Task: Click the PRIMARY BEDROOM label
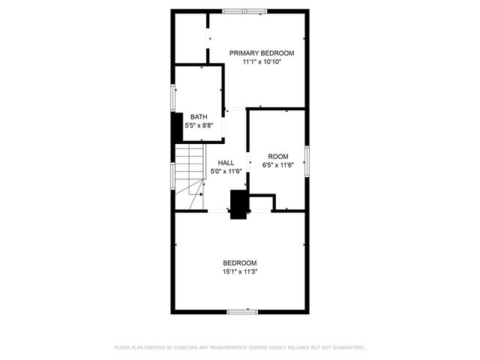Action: coord(262,53)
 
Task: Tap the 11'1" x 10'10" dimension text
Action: coord(262,62)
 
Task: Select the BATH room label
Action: coord(199,116)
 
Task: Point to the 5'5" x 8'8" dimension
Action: coord(199,125)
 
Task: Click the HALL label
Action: coord(226,163)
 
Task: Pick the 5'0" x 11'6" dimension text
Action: coord(226,172)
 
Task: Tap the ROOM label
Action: coord(277,156)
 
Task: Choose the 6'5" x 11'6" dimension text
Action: coord(277,165)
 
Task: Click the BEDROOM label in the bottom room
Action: coord(240,262)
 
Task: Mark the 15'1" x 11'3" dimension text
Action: coord(240,271)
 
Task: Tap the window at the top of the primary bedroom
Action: coord(244,10)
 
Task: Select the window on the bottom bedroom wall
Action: coord(242,310)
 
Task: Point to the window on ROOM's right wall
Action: coord(307,160)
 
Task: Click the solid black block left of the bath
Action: coord(178,126)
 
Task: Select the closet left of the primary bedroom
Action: coord(190,37)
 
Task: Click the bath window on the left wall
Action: coord(173,97)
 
